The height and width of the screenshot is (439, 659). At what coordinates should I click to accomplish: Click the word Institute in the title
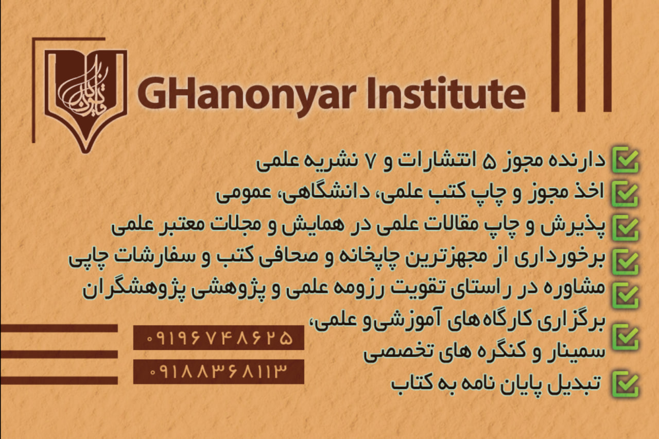pyautogui.click(x=446, y=93)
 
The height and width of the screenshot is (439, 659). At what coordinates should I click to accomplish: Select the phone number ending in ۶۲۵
pyautogui.click(x=219, y=337)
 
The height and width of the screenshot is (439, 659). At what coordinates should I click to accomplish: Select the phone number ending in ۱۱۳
pyautogui.click(x=219, y=372)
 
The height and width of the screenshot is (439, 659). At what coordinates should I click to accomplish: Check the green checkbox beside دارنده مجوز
pyautogui.click(x=626, y=160)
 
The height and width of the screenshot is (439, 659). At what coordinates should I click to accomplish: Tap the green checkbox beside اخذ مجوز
pyautogui.click(x=626, y=194)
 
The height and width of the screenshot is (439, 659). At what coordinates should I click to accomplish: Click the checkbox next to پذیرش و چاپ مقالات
pyautogui.click(x=626, y=228)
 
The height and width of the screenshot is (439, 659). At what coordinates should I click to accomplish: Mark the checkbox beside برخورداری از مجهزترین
pyautogui.click(x=626, y=262)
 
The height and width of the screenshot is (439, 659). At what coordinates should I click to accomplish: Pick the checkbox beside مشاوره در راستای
pyautogui.click(x=626, y=296)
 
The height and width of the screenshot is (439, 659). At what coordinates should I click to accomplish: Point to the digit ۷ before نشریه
pyautogui.click(x=370, y=162)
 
